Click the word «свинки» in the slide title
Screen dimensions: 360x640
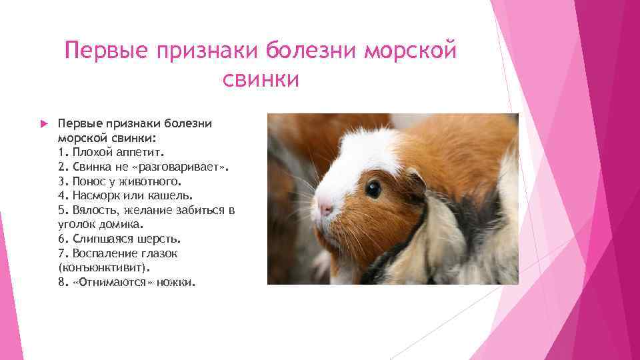click(261, 80)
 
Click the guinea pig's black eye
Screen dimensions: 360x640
click(373, 189)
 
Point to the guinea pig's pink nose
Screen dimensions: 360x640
click(325, 209)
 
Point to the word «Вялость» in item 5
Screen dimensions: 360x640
click(91, 210)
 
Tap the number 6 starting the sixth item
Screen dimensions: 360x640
click(61, 239)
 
